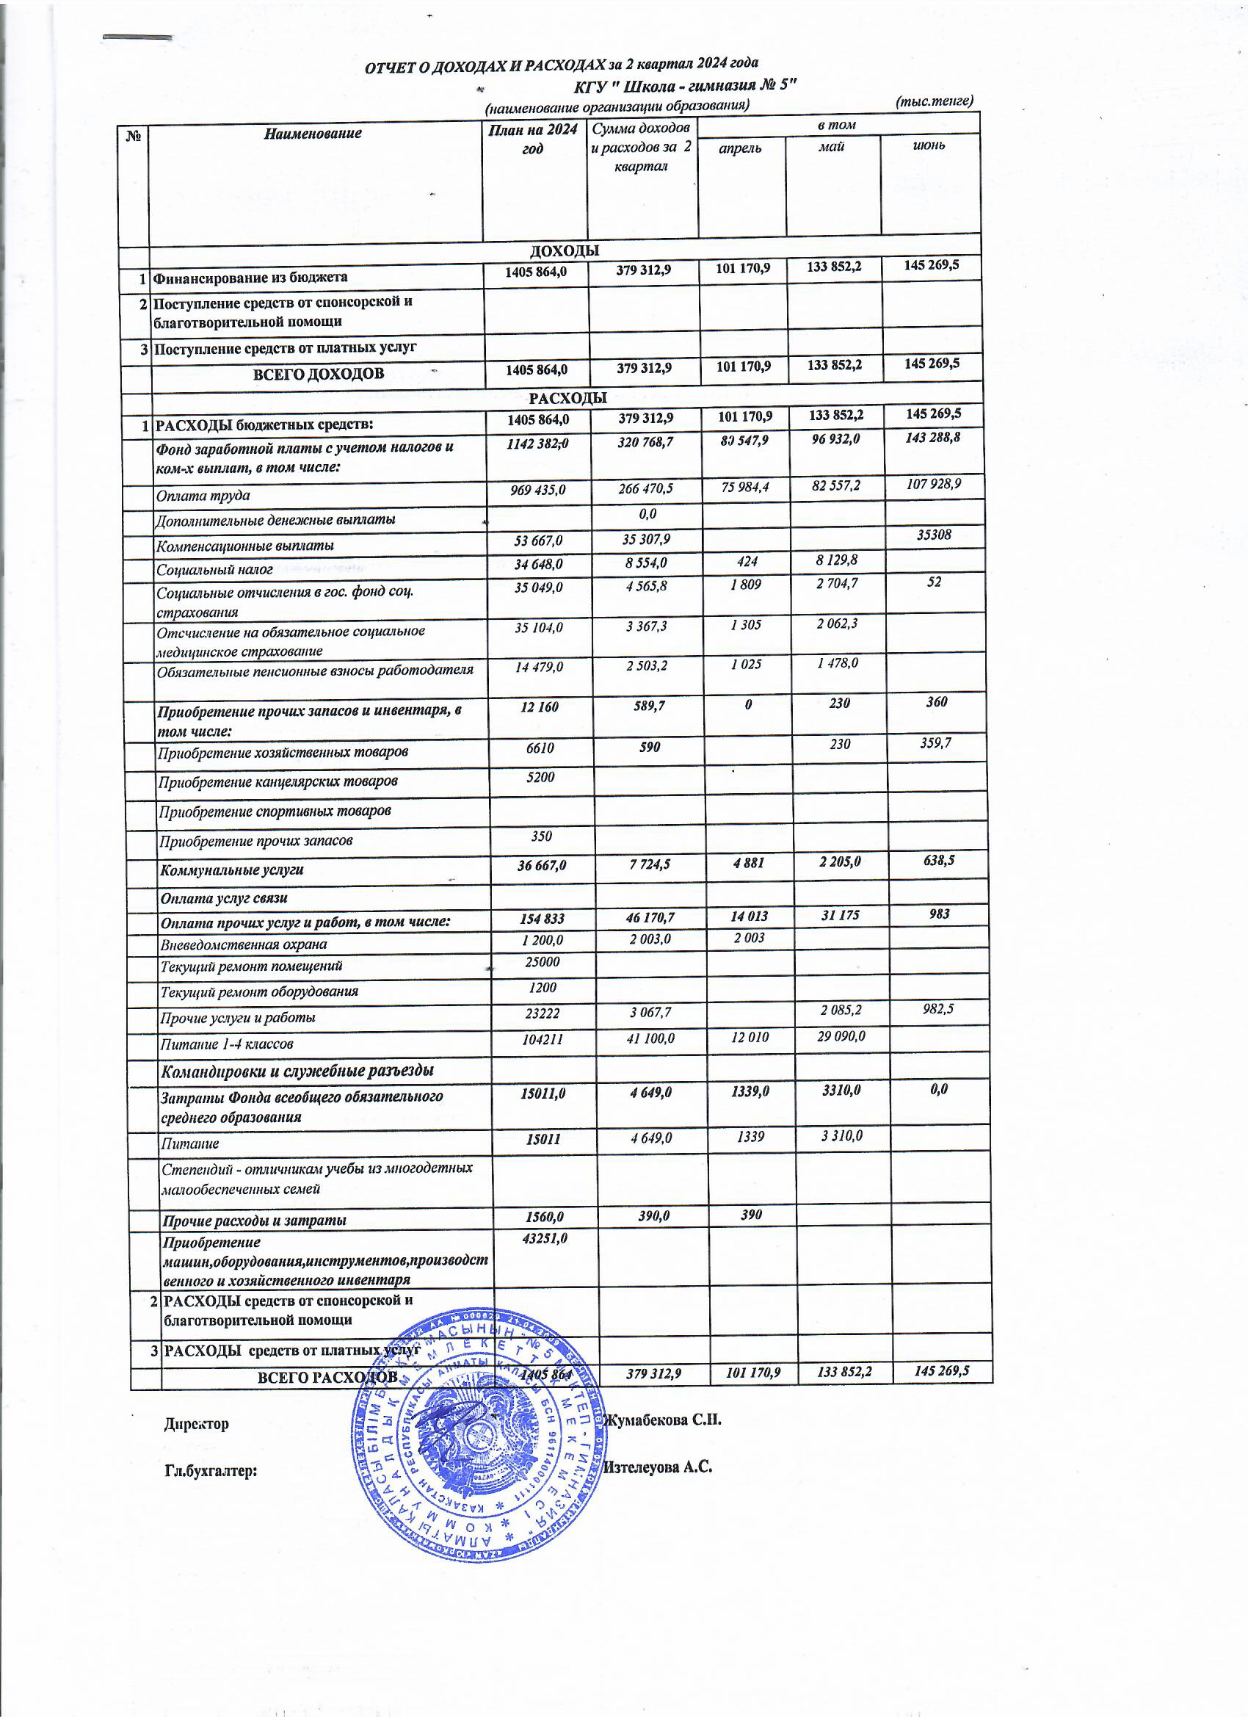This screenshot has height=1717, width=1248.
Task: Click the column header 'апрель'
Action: tap(739, 148)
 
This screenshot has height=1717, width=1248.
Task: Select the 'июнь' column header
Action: tap(929, 145)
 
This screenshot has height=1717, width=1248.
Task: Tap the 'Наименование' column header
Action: tap(313, 134)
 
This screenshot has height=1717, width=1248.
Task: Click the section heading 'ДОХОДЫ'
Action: tap(564, 250)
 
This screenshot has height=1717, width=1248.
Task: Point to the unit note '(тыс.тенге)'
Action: tap(934, 101)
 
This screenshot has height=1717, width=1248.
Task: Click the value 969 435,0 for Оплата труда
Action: tap(538, 490)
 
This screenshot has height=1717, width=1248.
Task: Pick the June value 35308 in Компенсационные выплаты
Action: tap(934, 535)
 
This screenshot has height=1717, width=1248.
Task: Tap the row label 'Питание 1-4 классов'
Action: tap(226, 1044)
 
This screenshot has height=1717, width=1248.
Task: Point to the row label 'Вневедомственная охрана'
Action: tap(244, 944)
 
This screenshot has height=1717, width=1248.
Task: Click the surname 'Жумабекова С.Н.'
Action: tap(661, 1420)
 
